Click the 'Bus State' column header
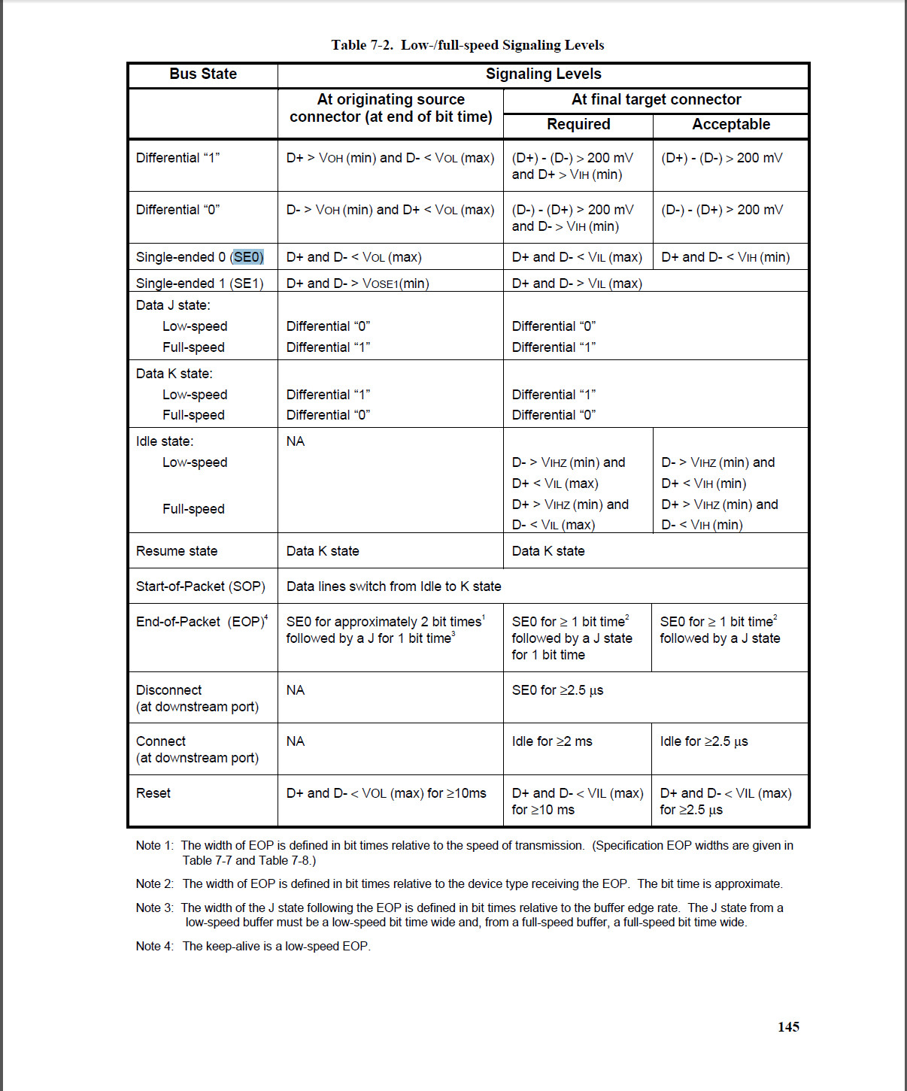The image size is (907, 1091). [203, 74]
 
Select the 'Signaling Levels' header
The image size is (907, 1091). [543, 74]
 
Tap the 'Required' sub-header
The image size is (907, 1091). [578, 124]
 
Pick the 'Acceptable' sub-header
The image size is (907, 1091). [731, 124]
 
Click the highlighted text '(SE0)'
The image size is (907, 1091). [248, 257]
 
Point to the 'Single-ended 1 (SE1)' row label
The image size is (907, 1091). [199, 283]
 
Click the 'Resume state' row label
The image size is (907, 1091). [177, 551]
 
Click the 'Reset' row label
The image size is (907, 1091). [153, 793]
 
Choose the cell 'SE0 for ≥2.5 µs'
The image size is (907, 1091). [557, 690]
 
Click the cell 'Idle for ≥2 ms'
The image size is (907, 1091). [552, 741]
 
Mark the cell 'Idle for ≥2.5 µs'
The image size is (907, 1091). [704, 741]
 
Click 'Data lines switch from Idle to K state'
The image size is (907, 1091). [393, 586]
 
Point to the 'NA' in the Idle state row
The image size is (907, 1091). [296, 441]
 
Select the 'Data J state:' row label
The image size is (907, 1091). [173, 305]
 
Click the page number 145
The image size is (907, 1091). [788, 1027]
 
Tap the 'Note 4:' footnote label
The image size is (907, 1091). [155, 946]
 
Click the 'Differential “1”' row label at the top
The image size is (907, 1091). [177, 158]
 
